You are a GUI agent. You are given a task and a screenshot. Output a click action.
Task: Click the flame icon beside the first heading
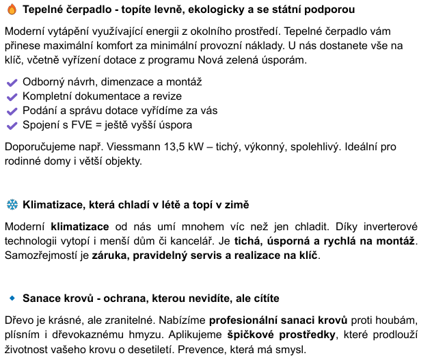[x=12, y=11]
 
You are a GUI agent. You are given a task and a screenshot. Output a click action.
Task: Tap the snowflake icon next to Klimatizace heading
[x=12, y=204]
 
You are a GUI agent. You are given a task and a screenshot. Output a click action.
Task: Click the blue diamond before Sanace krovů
[x=12, y=299]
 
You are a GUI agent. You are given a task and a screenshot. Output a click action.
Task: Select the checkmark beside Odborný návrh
[x=12, y=82]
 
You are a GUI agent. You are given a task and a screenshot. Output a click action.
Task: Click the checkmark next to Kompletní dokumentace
[x=12, y=96]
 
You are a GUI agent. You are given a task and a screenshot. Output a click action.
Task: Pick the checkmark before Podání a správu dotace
[x=12, y=111]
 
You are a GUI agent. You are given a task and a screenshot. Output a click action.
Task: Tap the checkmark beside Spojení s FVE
[x=12, y=125]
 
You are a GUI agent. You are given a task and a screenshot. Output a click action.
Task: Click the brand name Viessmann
[x=134, y=147]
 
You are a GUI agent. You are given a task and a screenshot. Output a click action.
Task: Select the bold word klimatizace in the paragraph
[x=80, y=226]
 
